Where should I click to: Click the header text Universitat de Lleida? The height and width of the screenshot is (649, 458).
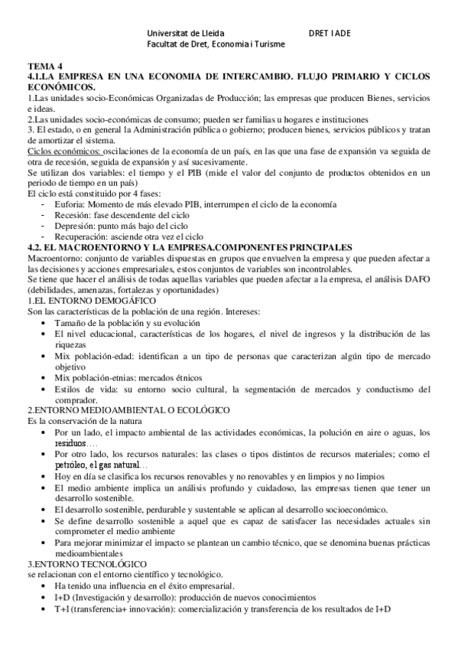(x=186, y=34)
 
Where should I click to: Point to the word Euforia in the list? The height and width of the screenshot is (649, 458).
(x=70, y=205)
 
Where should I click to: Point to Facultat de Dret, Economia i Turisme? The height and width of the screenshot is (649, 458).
(x=216, y=44)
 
